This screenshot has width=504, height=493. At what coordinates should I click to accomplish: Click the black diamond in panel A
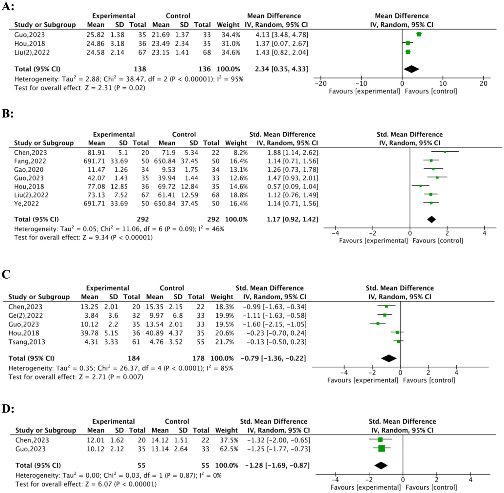(x=411, y=69)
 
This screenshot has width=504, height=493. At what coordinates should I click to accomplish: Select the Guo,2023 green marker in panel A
(x=419, y=34)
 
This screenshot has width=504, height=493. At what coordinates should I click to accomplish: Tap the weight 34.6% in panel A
(x=231, y=52)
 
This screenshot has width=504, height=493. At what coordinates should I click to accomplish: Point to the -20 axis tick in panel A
(x=321, y=83)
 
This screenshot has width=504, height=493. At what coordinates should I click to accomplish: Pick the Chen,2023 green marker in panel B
(x=445, y=152)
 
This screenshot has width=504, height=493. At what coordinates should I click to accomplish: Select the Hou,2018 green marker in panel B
(x=421, y=186)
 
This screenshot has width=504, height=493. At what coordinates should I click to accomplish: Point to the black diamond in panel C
(x=389, y=358)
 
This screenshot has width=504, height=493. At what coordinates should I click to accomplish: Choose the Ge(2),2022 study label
(x=26, y=315)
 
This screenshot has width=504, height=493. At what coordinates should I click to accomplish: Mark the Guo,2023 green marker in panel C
(x=378, y=324)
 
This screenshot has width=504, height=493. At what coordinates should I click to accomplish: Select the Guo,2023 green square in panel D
(x=382, y=448)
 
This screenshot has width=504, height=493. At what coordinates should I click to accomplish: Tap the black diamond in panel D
(x=381, y=465)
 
